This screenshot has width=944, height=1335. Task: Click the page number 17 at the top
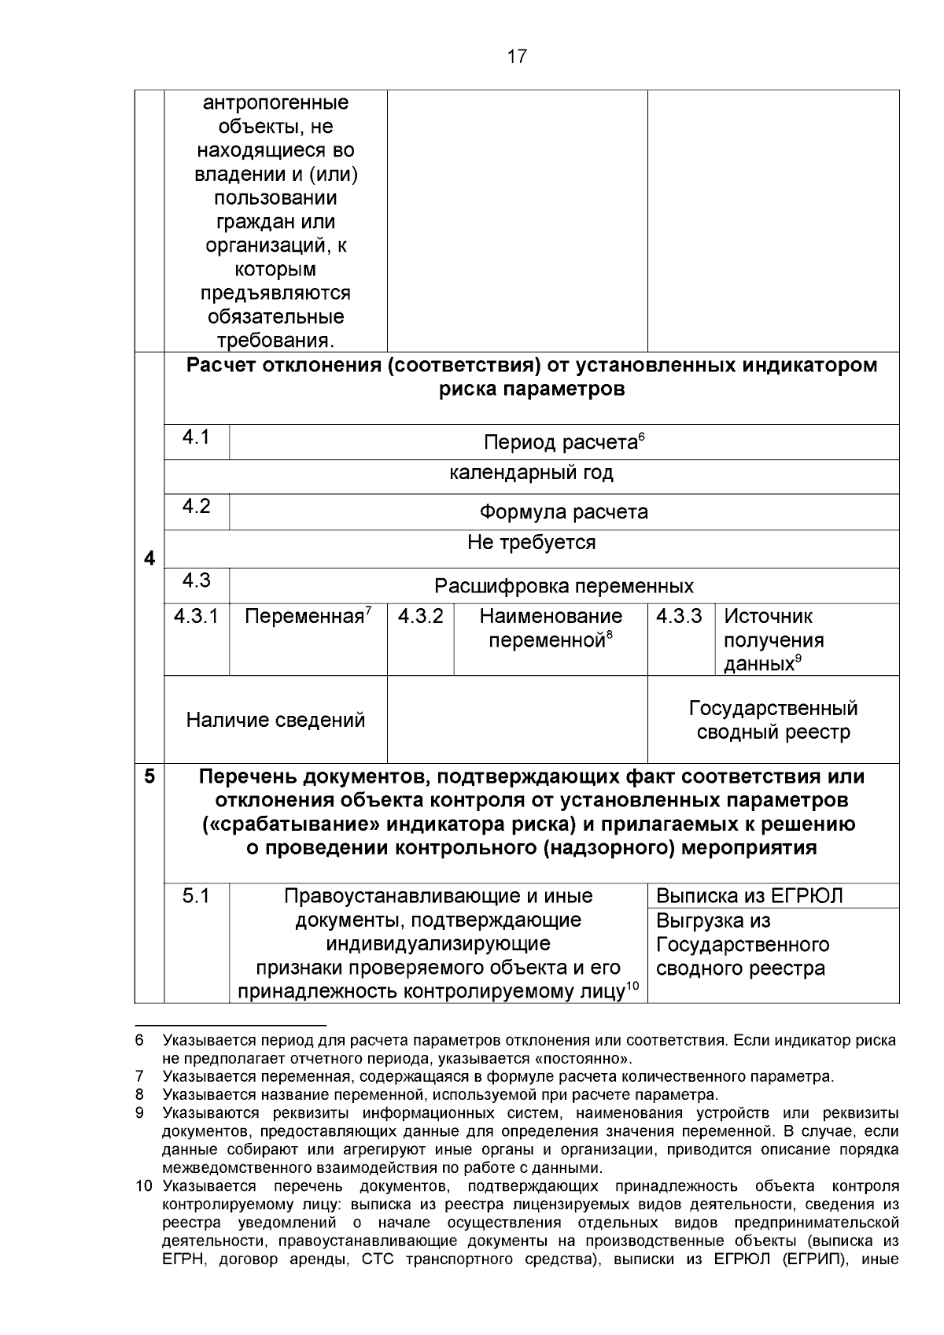tap(517, 57)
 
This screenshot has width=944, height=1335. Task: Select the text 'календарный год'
tap(531, 474)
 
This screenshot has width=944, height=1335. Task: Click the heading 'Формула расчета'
tap(563, 513)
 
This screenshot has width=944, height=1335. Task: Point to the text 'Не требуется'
tap(531, 543)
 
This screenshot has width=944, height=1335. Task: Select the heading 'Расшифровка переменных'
tap(563, 587)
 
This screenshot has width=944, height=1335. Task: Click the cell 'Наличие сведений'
tap(275, 721)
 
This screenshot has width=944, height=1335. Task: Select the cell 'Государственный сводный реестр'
tap(773, 721)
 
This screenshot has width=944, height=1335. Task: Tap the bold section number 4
tap(149, 559)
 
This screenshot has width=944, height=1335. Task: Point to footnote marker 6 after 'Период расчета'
tap(641, 437)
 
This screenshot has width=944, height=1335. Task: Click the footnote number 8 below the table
tap(139, 1095)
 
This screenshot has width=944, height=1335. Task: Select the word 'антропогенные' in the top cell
tap(275, 103)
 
